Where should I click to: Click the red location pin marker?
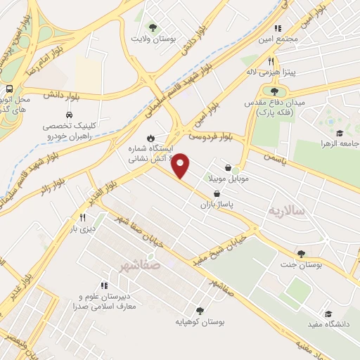[x=181, y=165]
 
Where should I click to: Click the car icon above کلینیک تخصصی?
[x=68, y=115]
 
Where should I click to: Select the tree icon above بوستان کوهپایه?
[x=200, y=310]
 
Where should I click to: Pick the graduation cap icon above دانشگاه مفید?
[x=328, y=314]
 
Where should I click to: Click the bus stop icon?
[x=9, y=89]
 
